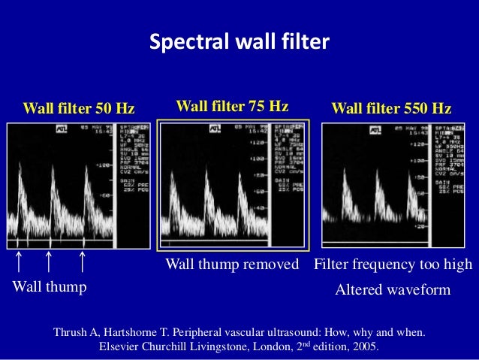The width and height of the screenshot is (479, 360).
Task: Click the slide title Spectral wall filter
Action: point(239,42)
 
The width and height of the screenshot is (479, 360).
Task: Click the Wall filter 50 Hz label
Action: point(79,109)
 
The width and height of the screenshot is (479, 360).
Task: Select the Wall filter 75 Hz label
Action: point(232,106)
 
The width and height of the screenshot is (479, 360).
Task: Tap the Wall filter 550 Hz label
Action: point(391,109)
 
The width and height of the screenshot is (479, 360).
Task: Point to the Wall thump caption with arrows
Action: point(49,287)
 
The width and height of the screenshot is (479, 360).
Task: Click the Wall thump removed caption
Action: point(231,265)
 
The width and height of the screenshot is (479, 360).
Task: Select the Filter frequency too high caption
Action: point(393,265)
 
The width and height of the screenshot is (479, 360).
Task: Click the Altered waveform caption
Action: point(392,289)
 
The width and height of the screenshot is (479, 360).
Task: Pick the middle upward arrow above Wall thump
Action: point(48,262)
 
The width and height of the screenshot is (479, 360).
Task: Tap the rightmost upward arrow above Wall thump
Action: point(82,262)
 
